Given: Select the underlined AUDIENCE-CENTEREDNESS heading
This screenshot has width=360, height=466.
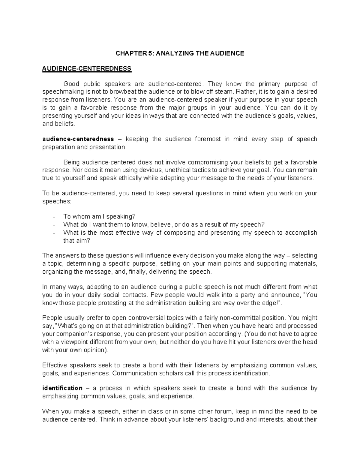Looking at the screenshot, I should [x=87, y=69].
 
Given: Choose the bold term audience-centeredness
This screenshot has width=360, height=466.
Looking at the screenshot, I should [x=78, y=139].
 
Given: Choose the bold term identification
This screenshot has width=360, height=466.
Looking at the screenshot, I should [x=62, y=388].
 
